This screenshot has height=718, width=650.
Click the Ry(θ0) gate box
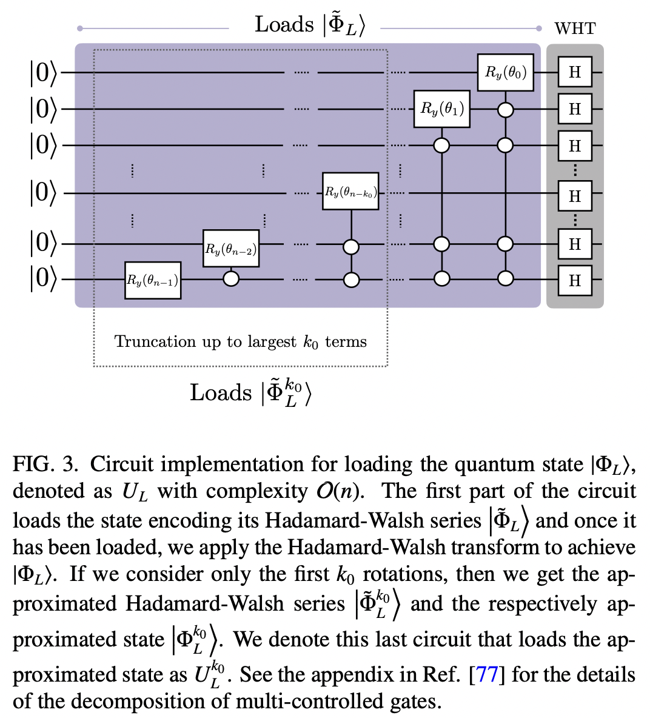[x=505, y=72]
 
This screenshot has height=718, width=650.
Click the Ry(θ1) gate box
[x=442, y=109]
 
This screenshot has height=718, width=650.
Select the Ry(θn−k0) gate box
[x=350, y=192]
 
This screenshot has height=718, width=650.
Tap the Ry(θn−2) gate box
[x=231, y=249]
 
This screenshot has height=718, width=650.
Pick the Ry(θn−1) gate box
[x=153, y=280]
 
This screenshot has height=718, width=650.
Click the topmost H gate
[x=574, y=72]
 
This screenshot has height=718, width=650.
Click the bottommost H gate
[x=574, y=280]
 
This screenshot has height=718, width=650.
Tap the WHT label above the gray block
[x=575, y=29]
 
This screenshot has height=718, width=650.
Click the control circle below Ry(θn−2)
[x=231, y=279]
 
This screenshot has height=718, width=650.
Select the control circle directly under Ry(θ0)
[x=505, y=110]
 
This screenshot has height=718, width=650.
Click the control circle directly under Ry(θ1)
[x=442, y=146]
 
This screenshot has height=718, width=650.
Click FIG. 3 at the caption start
[x=46, y=465]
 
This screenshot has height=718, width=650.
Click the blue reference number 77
[x=487, y=674]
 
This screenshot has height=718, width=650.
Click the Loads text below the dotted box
[x=220, y=393]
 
